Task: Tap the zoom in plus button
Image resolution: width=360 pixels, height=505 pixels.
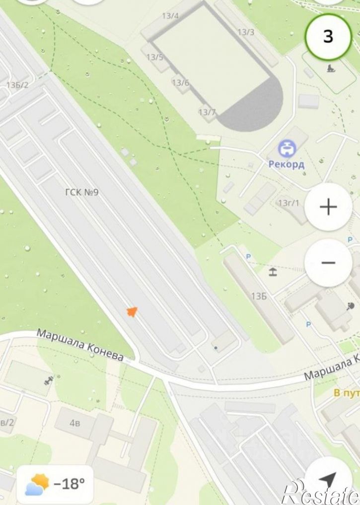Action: click(x=328, y=207)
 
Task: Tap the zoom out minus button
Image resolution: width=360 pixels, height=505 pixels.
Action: click(x=328, y=263)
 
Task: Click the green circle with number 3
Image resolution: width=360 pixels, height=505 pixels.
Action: click(x=328, y=37)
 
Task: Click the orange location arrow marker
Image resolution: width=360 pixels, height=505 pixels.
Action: click(x=132, y=311)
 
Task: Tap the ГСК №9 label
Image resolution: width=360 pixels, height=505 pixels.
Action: click(x=81, y=192)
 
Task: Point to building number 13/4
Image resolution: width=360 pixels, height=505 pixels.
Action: click(x=170, y=16)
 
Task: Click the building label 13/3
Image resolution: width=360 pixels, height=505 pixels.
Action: click(x=246, y=32)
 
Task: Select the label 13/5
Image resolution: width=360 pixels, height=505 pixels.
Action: click(x=154, y=57)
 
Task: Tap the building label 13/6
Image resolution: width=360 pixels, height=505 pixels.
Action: click(x=181, y=83)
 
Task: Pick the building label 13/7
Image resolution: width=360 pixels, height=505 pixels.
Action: click(x=207, y=112)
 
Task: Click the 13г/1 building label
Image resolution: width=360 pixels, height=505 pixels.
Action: click(x=288, y=203)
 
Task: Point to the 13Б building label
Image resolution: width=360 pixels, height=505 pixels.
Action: click(x=259, y=296)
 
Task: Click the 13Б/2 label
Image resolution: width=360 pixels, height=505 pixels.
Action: click(x=17, y=85)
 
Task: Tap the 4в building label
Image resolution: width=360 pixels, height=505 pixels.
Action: click(x=75, y=423)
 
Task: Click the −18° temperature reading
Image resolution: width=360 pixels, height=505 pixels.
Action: click(x=69, y=483)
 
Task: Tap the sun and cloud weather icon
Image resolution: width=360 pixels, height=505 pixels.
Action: click(x=38, y=484)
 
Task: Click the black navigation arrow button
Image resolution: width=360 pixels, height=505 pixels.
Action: click(x=328, y=480)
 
